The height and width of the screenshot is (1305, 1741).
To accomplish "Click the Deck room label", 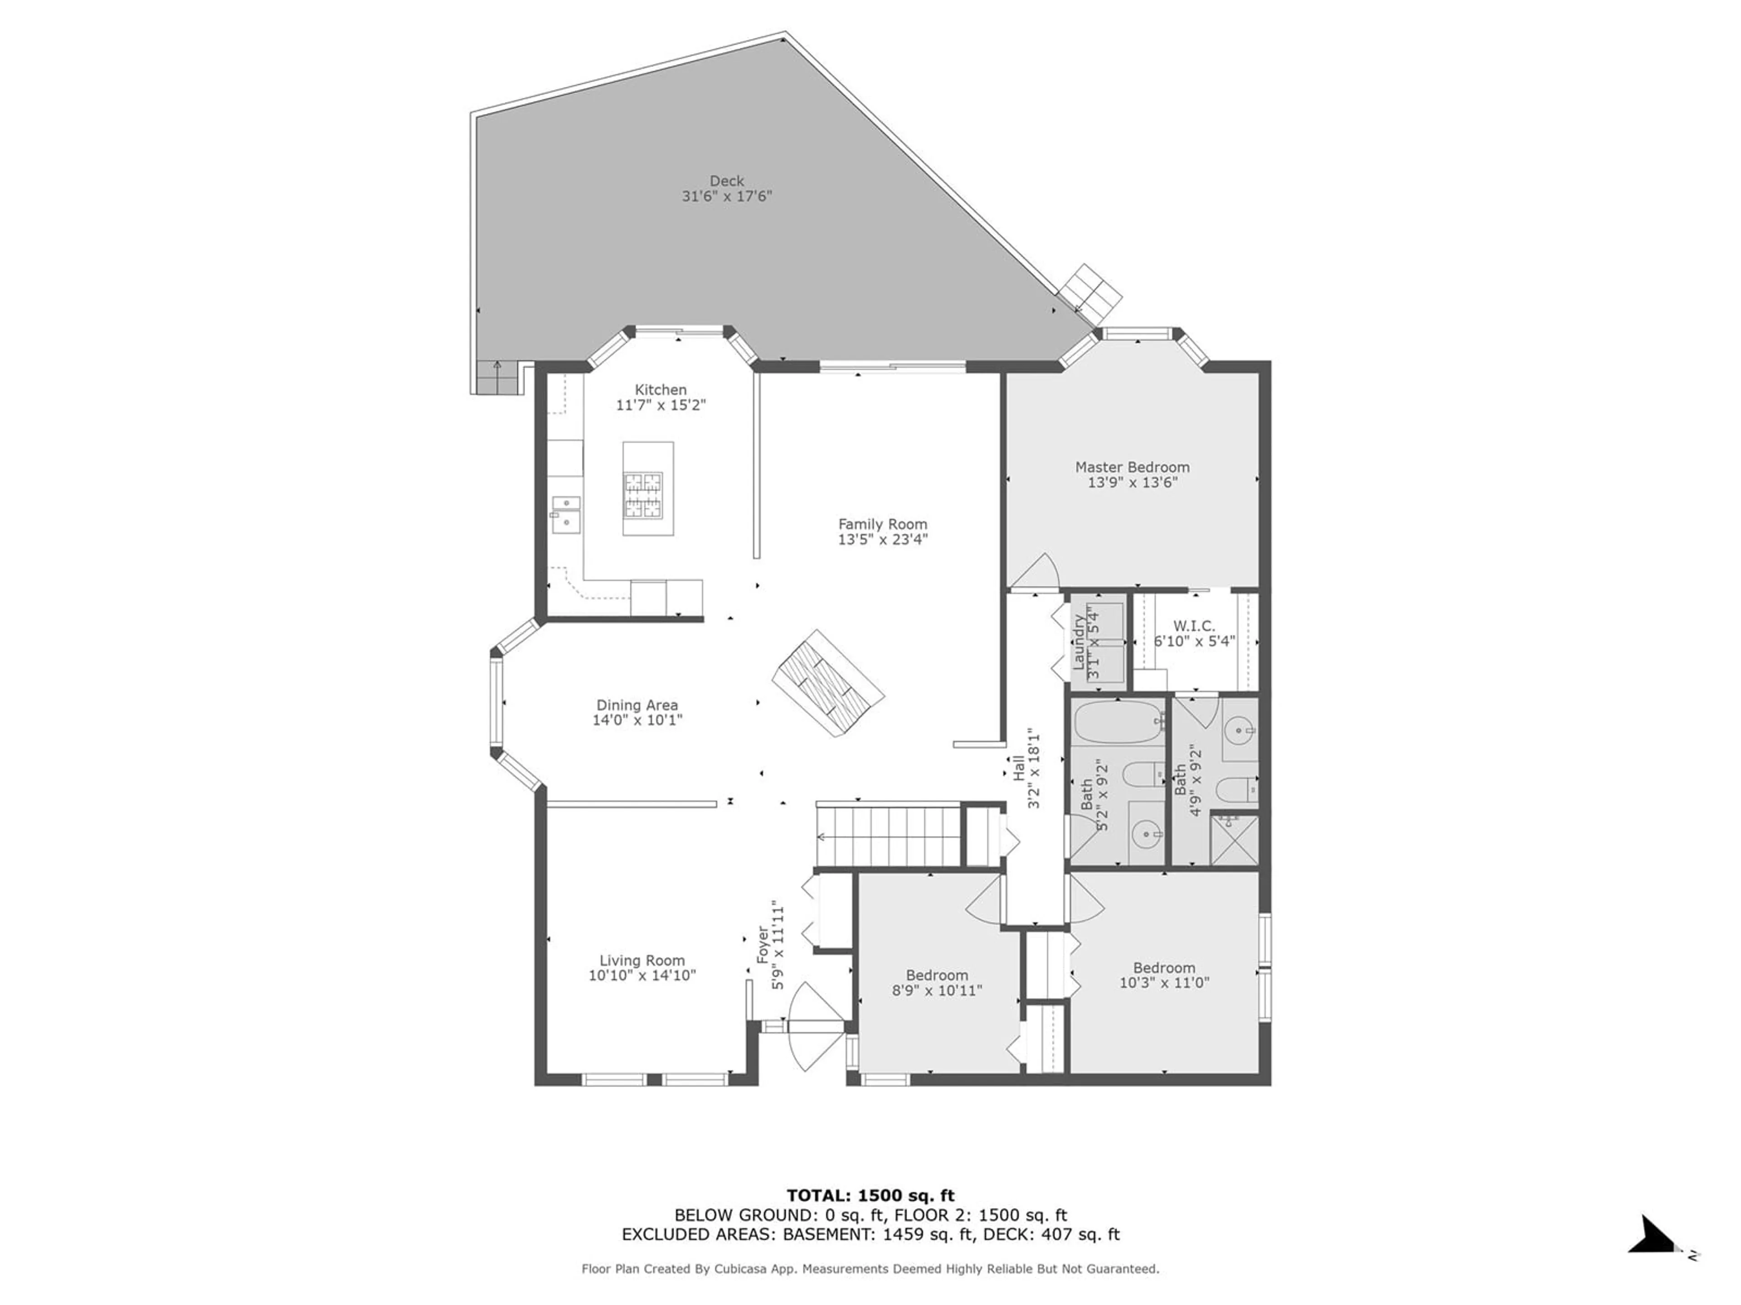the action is coord(726,181).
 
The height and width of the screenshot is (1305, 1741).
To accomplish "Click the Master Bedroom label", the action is coord(1133,467).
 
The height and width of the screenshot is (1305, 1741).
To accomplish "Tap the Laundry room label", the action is coord(1078,642).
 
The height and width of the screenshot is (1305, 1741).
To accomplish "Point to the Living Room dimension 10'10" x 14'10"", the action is coord(642,976).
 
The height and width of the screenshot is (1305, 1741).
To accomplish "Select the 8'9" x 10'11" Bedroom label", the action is coord(937,976).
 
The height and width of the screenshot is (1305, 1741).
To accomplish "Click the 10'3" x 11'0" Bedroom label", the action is coord(1164,968).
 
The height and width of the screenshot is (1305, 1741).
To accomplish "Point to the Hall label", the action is coord(1018,767).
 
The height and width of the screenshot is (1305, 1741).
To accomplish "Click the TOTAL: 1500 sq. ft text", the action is coord(870,1196).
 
